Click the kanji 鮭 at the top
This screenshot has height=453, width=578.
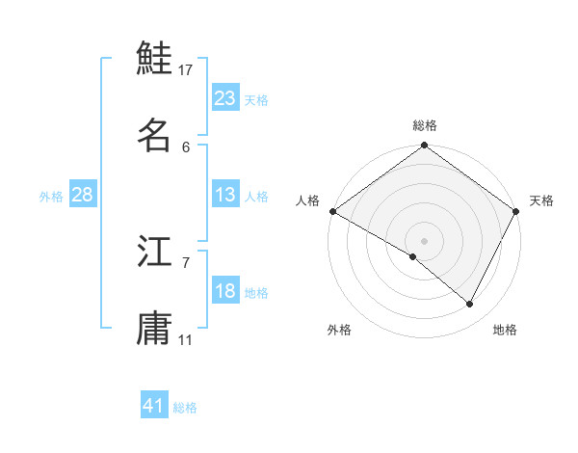(x=155, y=58)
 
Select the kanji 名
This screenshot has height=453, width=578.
(x=155, y=135)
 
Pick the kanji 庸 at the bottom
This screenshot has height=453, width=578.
(x=155, y=328)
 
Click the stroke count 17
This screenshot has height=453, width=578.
(x=186, y=69)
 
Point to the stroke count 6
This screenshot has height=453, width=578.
(x=186, y=147)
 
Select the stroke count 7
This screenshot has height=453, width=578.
(x=186, y=262)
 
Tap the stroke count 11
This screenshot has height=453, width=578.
(x=186, y=339)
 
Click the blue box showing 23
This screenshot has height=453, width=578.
(x=224, y=98)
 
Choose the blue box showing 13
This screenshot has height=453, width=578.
(x=224, y=195)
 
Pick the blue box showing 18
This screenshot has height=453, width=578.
(x=224, y=291)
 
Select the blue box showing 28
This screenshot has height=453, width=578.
(x=83, y=195)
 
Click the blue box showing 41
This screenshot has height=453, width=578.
(x=154, y=406)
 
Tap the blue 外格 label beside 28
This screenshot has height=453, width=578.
(x=51, y=196)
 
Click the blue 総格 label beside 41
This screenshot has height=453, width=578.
(x=185, y=408)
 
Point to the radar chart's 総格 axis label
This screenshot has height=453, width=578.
(x=425, y=125)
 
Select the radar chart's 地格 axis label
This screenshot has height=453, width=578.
(x=505, y=330)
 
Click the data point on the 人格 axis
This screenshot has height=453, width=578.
(x=332, y=211)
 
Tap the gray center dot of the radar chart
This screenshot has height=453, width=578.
(x=425, y=240)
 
